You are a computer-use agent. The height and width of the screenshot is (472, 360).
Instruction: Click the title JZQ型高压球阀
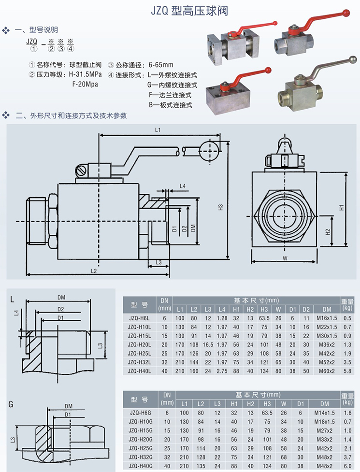click(x=193, y=10)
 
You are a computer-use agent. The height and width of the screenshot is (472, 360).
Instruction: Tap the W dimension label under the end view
click(x=285, y=258)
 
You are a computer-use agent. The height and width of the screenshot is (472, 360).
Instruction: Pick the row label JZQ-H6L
click(x=140, y=318)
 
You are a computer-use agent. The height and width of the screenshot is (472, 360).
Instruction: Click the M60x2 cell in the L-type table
click(x=327, y=371)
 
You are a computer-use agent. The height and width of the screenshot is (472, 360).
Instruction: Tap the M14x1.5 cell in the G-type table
click(x=327, y=413)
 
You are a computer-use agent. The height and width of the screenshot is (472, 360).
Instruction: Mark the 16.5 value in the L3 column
click(x=208, y=344)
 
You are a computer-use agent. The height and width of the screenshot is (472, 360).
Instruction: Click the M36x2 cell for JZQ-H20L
click(x=327, y=344)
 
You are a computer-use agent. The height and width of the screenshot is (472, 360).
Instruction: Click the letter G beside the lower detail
click(x=11, y=403)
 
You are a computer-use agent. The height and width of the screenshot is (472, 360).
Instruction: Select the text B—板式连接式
click(x=171, y=104)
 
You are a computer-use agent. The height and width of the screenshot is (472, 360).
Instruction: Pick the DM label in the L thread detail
click(x=61, y=297)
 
